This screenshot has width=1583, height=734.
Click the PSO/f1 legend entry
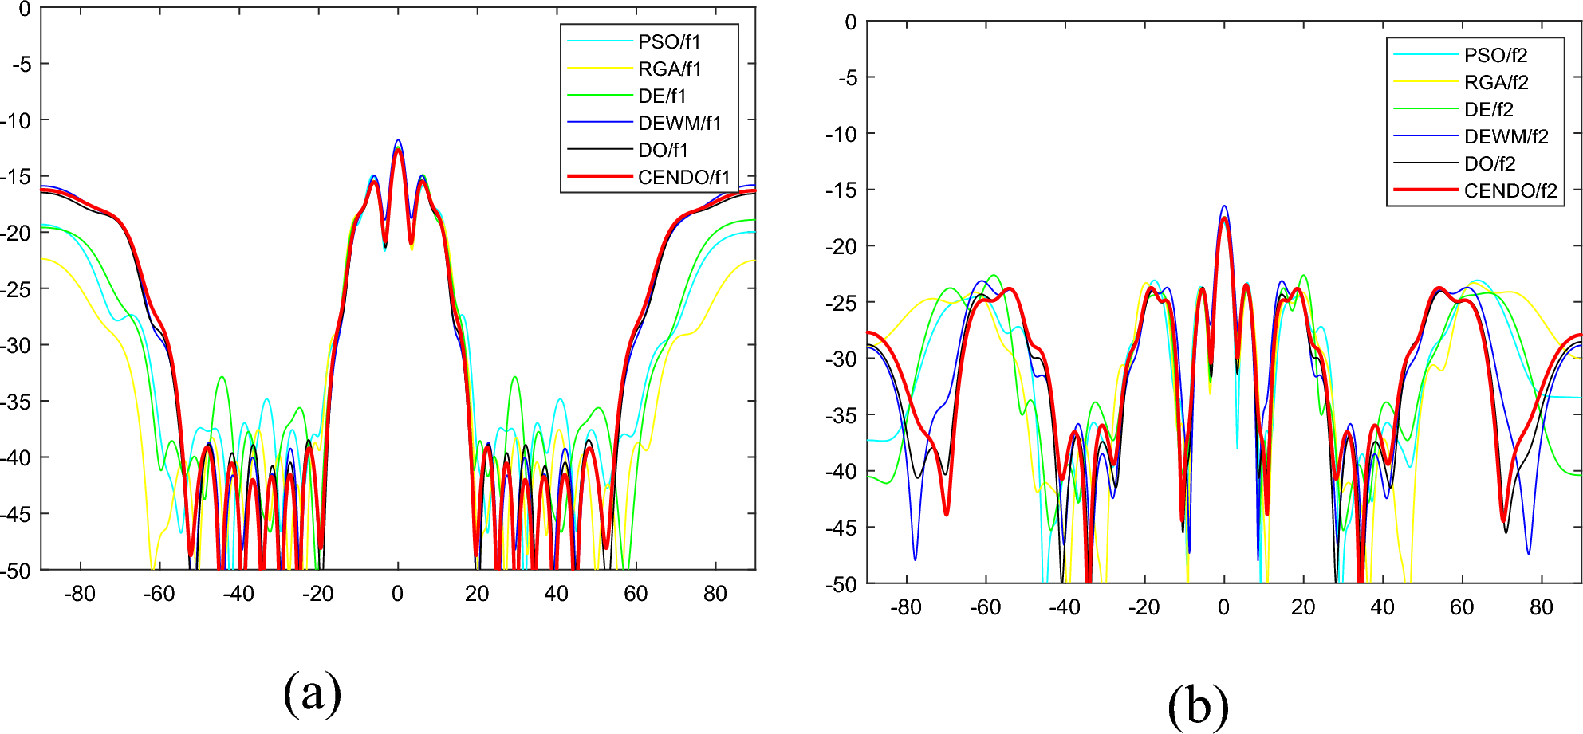[x=668, y=41]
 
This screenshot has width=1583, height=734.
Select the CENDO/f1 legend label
[x=683, y=177]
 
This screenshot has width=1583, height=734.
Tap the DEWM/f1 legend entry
[x=679, y=123]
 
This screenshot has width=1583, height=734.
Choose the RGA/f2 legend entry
[x=1495, y=82]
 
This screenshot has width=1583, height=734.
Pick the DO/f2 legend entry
[x=1489, y=163]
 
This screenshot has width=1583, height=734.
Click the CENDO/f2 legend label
[x=1510, y=190]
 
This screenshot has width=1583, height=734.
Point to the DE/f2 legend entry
[x=1488, y=109]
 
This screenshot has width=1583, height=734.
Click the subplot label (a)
[x=312, y=692]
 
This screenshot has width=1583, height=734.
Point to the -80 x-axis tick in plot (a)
[x=79, y=594]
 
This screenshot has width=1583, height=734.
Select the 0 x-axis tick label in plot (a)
[x=397, y=594]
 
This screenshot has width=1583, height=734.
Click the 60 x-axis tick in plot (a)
[x=636, y=594]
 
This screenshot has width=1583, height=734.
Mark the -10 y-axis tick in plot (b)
[x=842, y=134]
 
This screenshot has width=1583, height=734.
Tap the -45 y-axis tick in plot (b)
[x=842, y=528]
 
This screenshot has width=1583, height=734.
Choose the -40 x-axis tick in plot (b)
[x=1064, y=607]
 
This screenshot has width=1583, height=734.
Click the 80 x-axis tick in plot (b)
[x=1541, y=607]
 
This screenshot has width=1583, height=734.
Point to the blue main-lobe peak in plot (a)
[x=398, y=141]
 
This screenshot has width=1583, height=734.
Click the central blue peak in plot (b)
[x=1224, y=206]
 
